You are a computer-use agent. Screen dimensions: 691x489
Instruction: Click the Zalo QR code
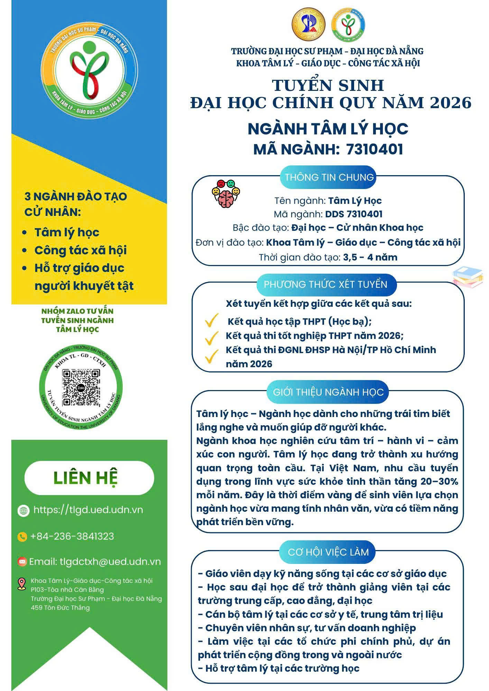click(81, 388)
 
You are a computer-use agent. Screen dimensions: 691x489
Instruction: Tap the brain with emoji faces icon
click(225, 194)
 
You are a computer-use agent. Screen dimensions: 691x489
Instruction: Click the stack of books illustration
click(468, 277)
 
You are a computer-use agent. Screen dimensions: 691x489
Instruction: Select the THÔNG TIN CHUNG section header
click(329, 177)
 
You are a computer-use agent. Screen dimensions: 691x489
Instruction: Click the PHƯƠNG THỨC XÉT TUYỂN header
click(325, 284)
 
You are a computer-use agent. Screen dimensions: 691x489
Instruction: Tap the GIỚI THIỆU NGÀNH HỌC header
click(328, 392)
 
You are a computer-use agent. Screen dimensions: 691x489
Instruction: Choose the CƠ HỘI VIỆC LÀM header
click(328, 552)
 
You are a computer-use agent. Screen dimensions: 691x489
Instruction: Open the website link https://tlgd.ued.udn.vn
click(88, 510)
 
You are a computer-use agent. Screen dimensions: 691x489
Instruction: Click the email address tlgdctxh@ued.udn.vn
click(110, 562)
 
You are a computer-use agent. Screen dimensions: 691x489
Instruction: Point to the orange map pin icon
click(22, 584)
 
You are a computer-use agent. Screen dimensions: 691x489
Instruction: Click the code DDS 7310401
click(353, 214)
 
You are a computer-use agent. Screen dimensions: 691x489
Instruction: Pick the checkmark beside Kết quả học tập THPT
click(211, 321)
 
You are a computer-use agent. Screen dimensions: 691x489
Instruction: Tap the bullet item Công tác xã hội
click(81, 250)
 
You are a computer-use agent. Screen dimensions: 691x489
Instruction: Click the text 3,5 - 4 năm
click(370, 257)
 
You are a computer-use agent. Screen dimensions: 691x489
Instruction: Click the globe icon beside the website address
click(24, 510)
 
